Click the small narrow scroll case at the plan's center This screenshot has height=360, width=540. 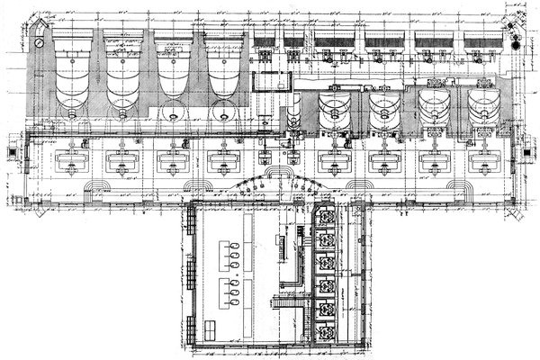(295, 113)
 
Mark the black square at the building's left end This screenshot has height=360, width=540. (12, 150)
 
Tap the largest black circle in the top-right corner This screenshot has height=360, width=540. (516, 42)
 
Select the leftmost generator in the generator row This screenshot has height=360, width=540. (70, 161)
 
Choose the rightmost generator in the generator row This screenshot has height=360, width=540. (480, 161)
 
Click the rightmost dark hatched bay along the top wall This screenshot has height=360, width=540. (483, 41)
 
